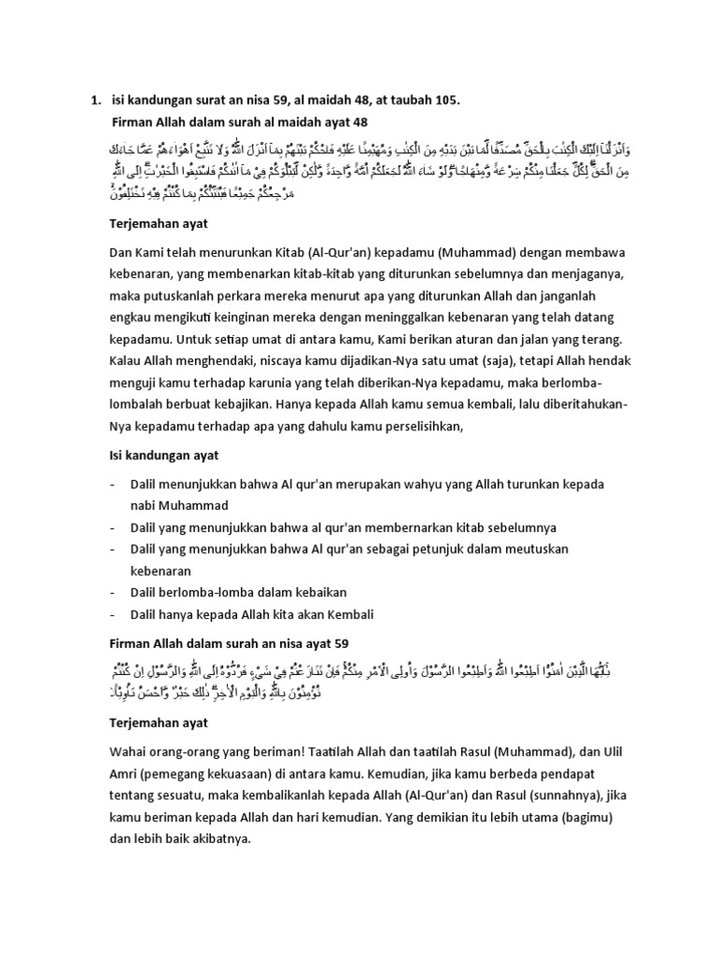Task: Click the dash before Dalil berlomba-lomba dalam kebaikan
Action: [112, 592]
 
